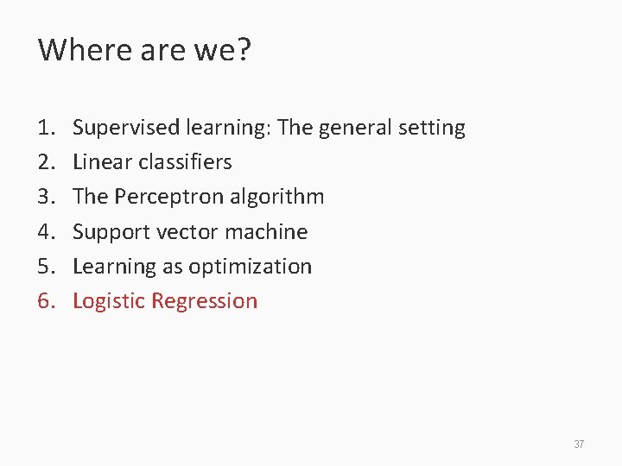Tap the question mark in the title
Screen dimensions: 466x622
[243, 50]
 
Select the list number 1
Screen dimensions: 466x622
[45, 129]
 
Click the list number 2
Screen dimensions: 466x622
[45, 163]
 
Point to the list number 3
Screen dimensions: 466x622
[45, 198]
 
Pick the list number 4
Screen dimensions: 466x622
[45, 232]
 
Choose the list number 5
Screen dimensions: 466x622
[45, 267]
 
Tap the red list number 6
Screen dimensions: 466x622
[45, 301]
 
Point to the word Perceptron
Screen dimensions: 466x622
[165, 198]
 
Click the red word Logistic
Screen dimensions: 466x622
[108, 301]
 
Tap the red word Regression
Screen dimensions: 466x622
[204, 301]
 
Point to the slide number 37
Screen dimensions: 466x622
[579, 444]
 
